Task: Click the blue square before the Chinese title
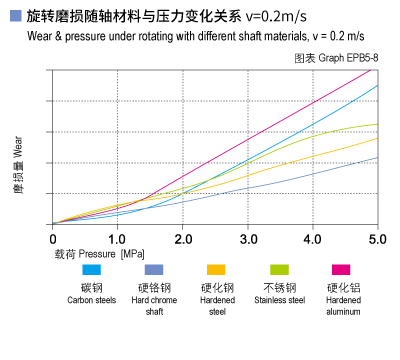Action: [x=13, y=17]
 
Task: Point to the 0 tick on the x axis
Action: [x=52, y=239]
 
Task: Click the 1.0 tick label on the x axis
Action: [x=117, y=239]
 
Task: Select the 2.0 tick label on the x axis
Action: [x=182, y=239]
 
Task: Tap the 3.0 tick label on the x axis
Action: [x=247, y=239]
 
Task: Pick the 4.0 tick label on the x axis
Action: [x=312, y=239]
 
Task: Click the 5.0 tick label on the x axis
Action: [x=377, y=239]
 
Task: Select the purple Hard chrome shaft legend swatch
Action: [x=154, y=270]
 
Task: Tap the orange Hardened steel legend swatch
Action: [x=216, y=270]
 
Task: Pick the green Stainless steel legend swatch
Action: [x=279, y=270]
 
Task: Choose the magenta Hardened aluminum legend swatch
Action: [x=341, y=270]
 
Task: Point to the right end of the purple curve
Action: [x=377, y=157]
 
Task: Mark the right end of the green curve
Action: [x=377, y=124]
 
